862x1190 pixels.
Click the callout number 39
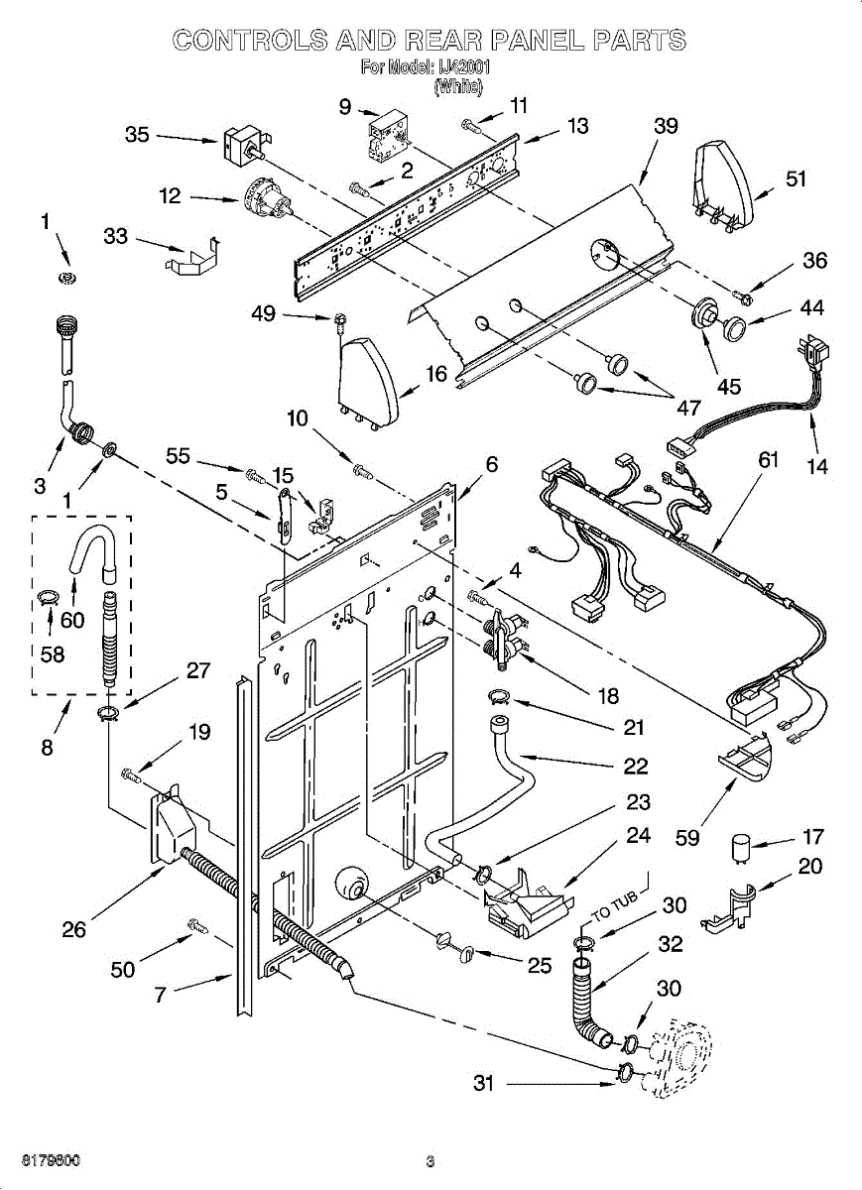coord(666,126)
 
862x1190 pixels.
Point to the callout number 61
coord(769,460)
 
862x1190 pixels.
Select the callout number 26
coord(74,929)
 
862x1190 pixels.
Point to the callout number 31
coord(483,1084)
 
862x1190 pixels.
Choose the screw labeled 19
coord(130,773)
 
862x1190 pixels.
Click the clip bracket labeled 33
coord(191,258)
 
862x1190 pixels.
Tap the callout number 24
coord(639,835)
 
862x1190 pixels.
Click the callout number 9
coord(344,105)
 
